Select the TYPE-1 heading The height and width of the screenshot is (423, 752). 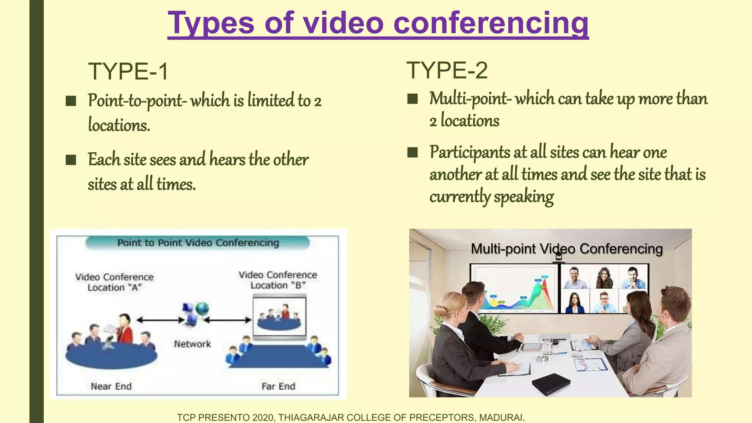(128, 71)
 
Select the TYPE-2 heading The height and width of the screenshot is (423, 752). (447, 70)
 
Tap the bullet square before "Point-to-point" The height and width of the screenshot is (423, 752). (71, 101)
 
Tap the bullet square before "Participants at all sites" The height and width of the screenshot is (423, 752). (413, 152)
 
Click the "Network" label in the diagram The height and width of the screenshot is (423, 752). (192, 344)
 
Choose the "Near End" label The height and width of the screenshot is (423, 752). (111, 386)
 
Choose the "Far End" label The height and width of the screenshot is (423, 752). (278, 386)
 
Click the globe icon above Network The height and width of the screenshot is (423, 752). (202, 308)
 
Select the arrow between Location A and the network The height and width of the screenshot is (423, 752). (160, 320)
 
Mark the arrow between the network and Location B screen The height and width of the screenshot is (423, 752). (228, 320)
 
